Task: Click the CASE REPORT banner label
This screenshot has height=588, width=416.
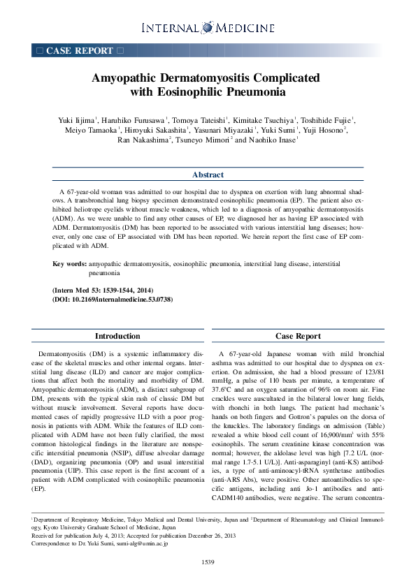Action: tap(79, 51)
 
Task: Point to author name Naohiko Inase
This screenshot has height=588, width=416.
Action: tap(273, 140)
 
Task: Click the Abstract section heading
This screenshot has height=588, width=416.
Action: tap(208, 175)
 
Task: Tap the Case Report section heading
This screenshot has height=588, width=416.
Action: tap(298, 336)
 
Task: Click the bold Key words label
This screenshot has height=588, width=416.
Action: tap(70, 265)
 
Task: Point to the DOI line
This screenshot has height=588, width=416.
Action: tap(113, 299)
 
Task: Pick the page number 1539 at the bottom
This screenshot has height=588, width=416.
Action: tap(208, 562)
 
